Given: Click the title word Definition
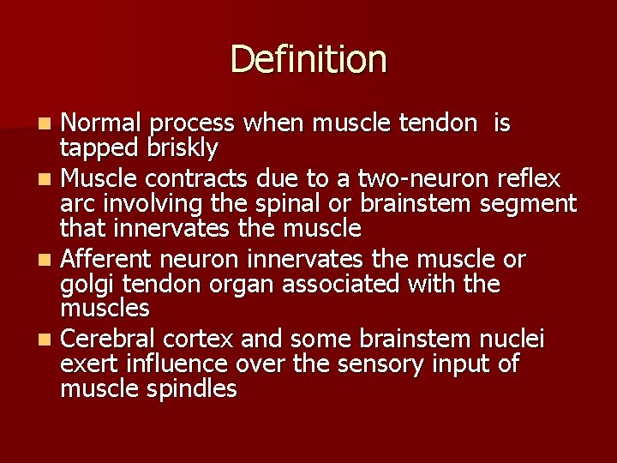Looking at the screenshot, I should click(x=308, y=60).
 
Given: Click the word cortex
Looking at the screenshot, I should click(x=193, y=340).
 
